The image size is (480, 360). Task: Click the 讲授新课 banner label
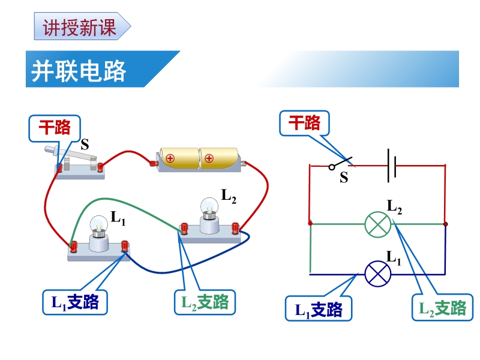pos(80,28)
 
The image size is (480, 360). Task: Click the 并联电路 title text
pos(79,71)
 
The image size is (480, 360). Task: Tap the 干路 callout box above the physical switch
pos(55,127)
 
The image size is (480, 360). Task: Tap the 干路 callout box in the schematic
pos(304,124)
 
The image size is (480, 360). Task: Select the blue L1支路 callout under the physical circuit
pos(74,302)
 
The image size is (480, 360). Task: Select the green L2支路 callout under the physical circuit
pos(205,302)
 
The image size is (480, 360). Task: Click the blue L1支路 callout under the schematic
pos(318,310)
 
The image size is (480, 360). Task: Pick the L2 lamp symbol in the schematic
pos(378,224)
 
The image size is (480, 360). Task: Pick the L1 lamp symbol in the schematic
pos(378,274)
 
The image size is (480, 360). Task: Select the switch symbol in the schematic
pos(341,163)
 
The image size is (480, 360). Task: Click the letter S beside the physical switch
pos(85,144)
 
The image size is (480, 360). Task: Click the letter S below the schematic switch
pos(344,178)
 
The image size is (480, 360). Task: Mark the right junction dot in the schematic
pos(445,224)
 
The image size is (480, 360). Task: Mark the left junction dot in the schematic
pos(310,224)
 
